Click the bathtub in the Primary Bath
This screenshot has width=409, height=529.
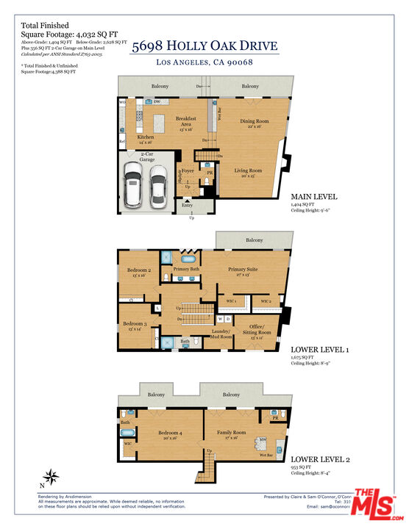point(166,257)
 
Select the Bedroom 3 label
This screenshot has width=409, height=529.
point(134,324)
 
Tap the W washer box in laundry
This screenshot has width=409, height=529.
point(219,319)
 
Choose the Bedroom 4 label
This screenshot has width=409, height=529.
point(170,433)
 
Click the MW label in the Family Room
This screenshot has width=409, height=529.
point(261,441)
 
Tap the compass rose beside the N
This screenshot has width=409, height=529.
point(51,477)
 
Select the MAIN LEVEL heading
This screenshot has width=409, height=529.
point(314,197)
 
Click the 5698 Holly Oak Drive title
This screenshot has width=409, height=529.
point(204,46)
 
